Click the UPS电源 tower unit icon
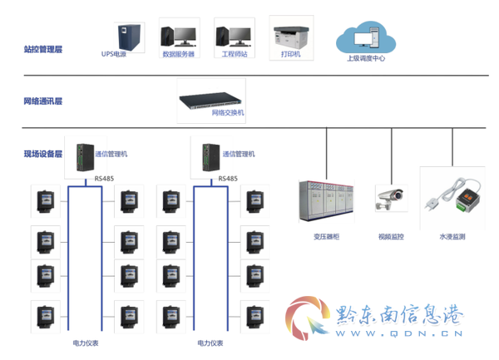pyautogui.click(x=129, y=37)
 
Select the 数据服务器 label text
pyautogui.click(x=178, y=54)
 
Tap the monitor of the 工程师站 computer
pyautogui.click(x=240, y=35)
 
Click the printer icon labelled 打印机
pyautogui.click(x=291, y=37)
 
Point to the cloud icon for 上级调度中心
pyautogui.click(x=366, y=37)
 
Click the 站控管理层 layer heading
pyautogui.click(x=43, y=49)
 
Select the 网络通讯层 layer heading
pyautogui.click(x=43, y=101)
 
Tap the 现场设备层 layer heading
pyautogui.click(x=43, y=154)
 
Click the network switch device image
pyautogui.click(x=210, y=101)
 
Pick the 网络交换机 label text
pyautogui.click(x=228, y=112)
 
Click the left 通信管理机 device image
pyautogui.click(x=85, y=157)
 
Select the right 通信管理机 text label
pyautogui.click(x=239, y=154)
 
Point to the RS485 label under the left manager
pyautogui.click(x=104, y=179)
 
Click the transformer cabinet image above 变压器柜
pyautogui.click(x=326, y=200)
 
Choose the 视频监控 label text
pyautogui.click(x=391, y=237)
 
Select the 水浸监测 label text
pyautogui.click(x=452, y=237)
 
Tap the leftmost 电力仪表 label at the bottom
pyautogui.click(x=86, y=343)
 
